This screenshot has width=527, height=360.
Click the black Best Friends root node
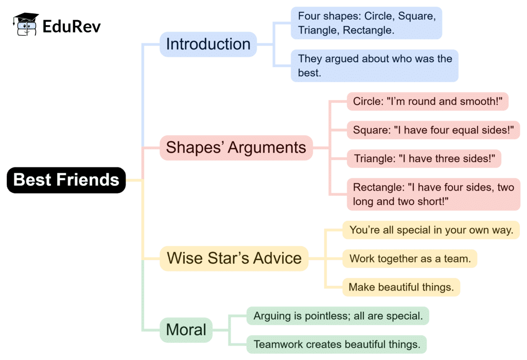pyautogui.click(x=66, y=180)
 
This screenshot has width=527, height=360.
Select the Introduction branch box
pyautogui.click(x=208, y=44)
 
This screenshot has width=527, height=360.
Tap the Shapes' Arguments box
pyautogui.click(x=236, y=148)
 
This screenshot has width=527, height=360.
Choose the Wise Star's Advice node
pyautogui.click(x=234, y=258)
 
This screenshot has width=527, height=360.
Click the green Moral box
pyautogui.click(x=186, y=330)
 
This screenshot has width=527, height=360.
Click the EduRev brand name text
pyautogui.click(x=72, y=26)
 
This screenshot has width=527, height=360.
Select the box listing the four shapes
pyautogui.click(x=366, y=23)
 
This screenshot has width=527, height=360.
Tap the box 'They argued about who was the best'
pyautogui.click(x=374, y=65)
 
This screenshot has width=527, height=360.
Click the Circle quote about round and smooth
pyautogui.click(x=427, y=101)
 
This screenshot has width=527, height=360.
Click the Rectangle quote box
pyautogui.click(x=433, y=194)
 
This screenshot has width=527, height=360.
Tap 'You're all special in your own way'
pyautogui.click(x=431, y=230)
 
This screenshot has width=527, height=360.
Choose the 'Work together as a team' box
pyautogui.click(x=410, y=259)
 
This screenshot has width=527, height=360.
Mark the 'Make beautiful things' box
pyautogui.click(x=401, y=287)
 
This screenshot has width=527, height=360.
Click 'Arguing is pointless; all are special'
pyautogui.click(x=338, y=316)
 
